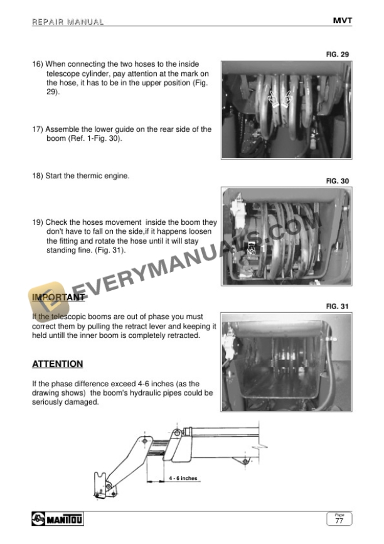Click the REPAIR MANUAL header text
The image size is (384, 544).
68,23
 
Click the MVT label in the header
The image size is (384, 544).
342,21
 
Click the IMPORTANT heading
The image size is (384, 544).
58,297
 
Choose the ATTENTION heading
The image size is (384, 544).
57,364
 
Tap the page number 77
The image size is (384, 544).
339,521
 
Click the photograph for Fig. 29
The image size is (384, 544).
285,110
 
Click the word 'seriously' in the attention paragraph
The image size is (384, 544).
48,401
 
